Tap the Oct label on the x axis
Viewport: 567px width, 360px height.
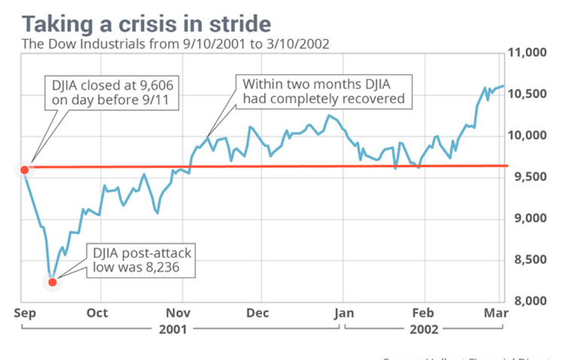[x=97, y=313]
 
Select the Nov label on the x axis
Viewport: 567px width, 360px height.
[x=177, y=313]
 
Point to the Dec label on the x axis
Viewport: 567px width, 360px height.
[x=258, y=313]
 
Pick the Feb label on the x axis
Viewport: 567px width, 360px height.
[x=423, y=313]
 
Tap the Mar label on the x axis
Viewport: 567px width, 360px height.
[x=493, y=313]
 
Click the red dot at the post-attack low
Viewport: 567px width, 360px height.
[x=52, y=282]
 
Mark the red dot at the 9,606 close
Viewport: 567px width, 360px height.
[x=24, y=170]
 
